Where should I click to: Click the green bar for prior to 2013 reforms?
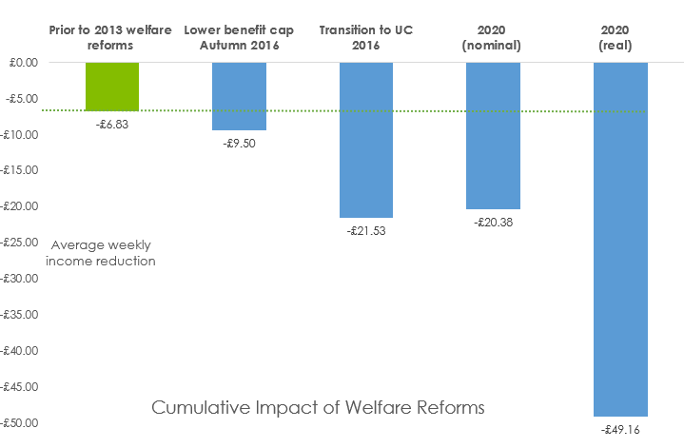point(112,87)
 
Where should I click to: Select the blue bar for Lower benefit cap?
point(239,96)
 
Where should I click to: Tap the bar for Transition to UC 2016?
point(366,140)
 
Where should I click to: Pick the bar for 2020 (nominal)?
point(493,135)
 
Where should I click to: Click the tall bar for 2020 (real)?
point(620,239)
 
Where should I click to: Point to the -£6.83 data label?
point(112,124)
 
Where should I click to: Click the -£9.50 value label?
point(239,144)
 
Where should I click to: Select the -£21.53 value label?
point(366,230)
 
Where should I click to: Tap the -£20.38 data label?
point(493,222)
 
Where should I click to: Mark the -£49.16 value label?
point(620,430)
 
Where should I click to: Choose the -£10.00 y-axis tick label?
point(19,134)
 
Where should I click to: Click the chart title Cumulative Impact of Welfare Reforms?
point(318,407)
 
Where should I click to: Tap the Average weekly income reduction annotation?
point(104,252)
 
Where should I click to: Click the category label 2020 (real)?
point(620,37)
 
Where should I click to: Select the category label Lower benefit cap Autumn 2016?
point(239,37)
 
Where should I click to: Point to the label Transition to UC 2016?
point(366,37)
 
